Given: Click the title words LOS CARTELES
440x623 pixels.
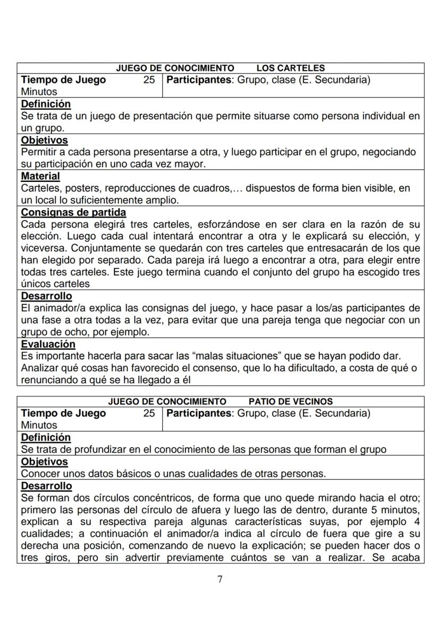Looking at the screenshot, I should tap(290, 68).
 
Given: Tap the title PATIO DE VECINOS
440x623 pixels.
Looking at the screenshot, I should tap(290, 401).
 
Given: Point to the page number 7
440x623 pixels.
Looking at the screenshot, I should tap(220, 579).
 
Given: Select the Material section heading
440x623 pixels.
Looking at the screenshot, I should tap(40, 176).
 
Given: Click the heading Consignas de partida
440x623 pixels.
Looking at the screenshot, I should tap(73, 212).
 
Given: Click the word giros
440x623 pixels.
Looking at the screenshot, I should tap(52, 558).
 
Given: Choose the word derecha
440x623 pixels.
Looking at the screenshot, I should tap(39, 546).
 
